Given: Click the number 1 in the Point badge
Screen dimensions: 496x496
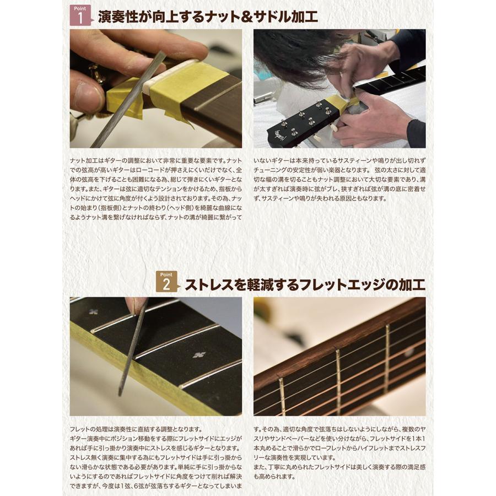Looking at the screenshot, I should [x=80, y=18].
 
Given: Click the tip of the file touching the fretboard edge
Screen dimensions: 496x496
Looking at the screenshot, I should [x=120, y=393].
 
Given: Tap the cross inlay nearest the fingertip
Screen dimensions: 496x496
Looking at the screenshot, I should [x=94, y=312].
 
